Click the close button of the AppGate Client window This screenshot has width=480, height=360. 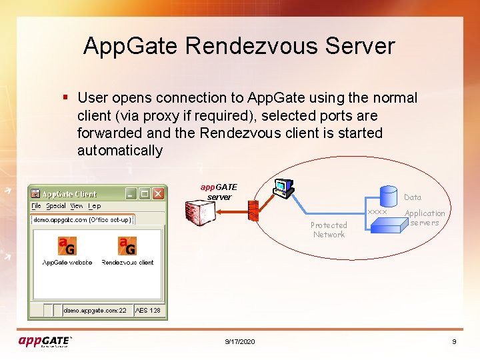tap(158, 193)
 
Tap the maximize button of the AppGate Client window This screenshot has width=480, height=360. tap(145, 193)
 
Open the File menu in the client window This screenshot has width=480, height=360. tap(37, 206)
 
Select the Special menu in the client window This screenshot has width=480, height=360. tap(56, 206)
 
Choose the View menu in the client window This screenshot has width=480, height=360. tap(77, 206)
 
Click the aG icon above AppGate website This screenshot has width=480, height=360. tap(66, 246)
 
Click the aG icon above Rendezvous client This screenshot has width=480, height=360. tap(127, 246)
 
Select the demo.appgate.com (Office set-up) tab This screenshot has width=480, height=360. tap(83, 219)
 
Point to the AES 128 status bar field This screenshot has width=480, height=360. tap(147, 310)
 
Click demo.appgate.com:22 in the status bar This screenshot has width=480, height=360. tap(95, 310)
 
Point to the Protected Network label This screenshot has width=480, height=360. tap(329, 230)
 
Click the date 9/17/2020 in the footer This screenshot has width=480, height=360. tap(240, 341)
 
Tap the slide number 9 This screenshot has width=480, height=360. tap(454, 341)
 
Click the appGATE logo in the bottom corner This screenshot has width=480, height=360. tap(45, 341)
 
